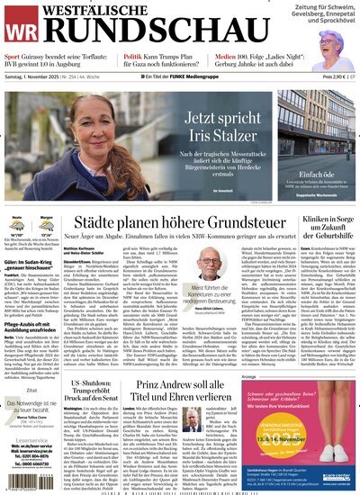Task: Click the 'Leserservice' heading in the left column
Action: point(22,442)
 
